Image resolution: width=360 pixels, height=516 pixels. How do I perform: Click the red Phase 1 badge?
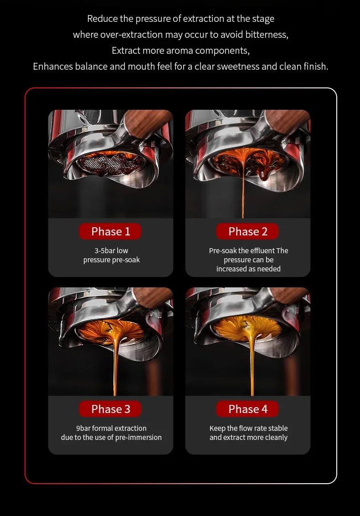110,231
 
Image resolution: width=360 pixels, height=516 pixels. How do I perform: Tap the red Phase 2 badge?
247,231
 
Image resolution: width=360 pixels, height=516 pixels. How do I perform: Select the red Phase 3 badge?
110,409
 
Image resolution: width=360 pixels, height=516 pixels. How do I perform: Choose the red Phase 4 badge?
247,409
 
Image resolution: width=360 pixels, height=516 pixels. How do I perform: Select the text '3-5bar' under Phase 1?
104,251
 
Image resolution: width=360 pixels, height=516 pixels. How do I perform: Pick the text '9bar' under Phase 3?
83,429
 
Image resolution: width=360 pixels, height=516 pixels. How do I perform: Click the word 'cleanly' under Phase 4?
276,438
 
